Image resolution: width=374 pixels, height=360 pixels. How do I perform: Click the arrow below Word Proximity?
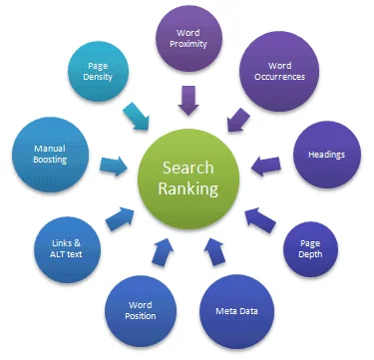pyautogui.click(x=187, y=99)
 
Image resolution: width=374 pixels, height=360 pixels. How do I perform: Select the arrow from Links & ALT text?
pyautogui.click(x=117, y=215)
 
